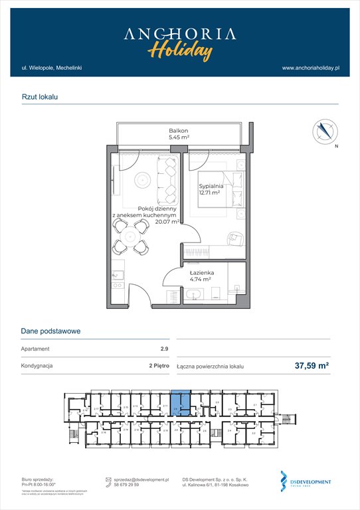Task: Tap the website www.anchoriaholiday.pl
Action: tap(310, 68)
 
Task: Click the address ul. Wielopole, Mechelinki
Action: tap(51, 68)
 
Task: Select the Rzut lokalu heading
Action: tap(40, 97)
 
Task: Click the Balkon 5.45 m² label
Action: tap(178, 135)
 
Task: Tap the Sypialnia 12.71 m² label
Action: tap(211, 191)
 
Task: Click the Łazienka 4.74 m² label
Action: tap(200, 276)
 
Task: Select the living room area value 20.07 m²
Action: tap(167, 222)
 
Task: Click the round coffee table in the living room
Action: tap(141, 180)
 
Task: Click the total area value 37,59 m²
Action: tap(312, 365)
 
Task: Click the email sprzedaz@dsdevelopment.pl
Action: tap(141, 479)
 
